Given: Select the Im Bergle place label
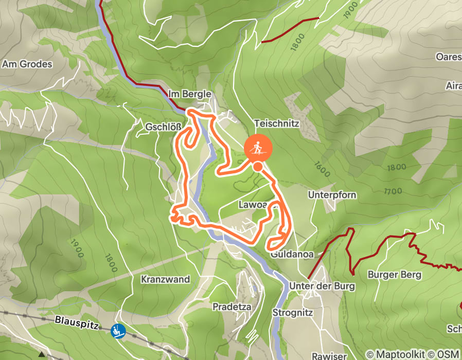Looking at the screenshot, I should (x=190, y=94).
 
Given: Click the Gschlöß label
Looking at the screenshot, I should (x=162, y=126).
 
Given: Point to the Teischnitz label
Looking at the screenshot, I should (x=276, y=124).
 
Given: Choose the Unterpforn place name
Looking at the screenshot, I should (x=332, y=195).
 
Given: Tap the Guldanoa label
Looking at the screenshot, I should (x=291, y=254).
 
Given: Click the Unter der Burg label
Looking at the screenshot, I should (x=322, y=286).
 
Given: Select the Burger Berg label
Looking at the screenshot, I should (x=394, y=275).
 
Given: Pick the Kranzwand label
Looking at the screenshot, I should (x=165, y=279).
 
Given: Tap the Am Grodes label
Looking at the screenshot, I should (x=28, y=64).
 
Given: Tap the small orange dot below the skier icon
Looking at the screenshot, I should (x=257, y=167).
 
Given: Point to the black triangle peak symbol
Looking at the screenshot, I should (x=41, y=354).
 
